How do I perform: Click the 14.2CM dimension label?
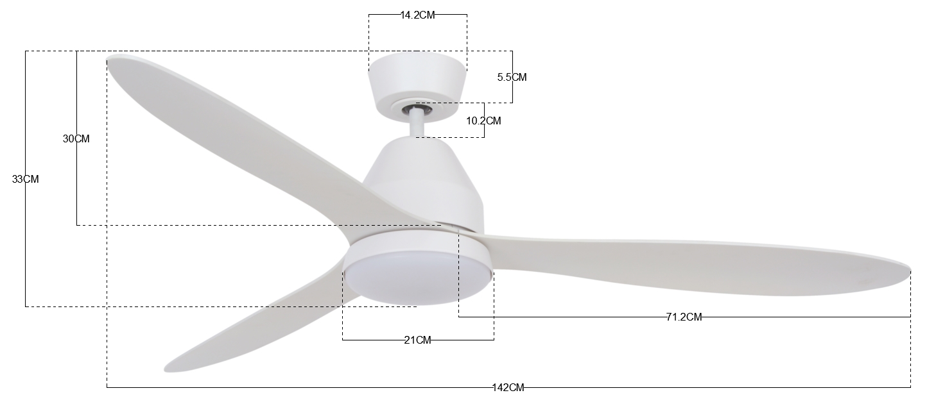417,15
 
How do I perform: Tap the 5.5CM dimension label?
512,77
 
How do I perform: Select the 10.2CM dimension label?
483,121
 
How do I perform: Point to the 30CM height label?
76,138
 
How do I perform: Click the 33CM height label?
25,179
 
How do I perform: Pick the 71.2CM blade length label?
684,317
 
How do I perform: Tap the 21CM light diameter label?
417,340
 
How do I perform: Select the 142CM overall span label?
508,388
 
